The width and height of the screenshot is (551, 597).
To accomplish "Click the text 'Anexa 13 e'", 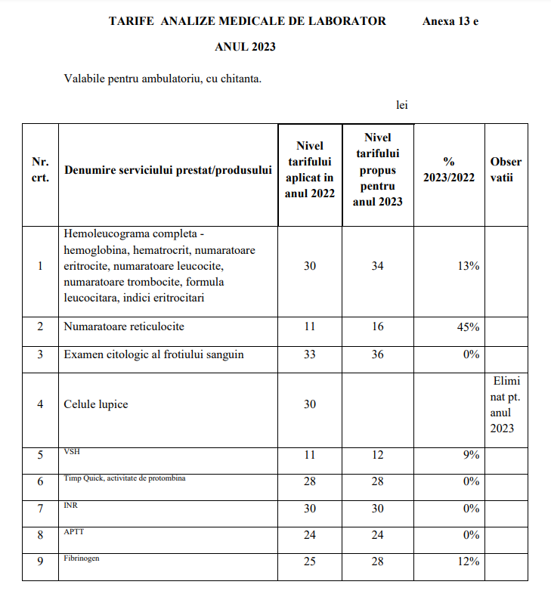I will pyautogui.click(x=450, y=21).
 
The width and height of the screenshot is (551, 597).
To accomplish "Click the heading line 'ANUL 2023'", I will pyautogui.click(x=245, y=47).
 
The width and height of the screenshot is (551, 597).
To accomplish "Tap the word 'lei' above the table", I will pyautogui.click(x=402, y=105).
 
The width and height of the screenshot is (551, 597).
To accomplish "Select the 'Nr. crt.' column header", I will pyautogui.click(x=40, y=170).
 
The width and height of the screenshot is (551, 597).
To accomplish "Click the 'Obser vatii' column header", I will pyautogui.click(x=506, y=170).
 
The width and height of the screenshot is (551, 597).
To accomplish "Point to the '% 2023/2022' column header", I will pyautogui.click(x=448, y=170).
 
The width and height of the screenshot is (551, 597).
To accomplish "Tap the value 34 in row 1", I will pyautogui.click(x=378, y=266).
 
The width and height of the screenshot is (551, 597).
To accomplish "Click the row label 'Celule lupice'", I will pyautogui.click(x=96, y=404).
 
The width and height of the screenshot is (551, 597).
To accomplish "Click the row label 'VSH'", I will pyautogui.click(x=71, y=452).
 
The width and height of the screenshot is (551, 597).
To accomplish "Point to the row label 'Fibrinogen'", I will pyautogui.click(x=82, y=558).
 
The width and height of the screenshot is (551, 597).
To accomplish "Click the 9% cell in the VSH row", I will pyautogui.click(x=471, y=455).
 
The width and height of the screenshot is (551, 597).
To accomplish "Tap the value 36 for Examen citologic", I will pyautogui.click(x=378, y=354).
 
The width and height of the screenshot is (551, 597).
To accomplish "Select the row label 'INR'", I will pyautogui.click(x=71, y=505).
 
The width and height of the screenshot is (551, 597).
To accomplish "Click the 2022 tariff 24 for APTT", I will pyautogui.click(x=310, y=535).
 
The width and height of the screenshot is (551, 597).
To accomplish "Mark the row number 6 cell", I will pyautogui.click(x=40, y=481).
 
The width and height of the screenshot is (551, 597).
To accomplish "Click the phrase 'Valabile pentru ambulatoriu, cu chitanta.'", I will pyautogui.click(x=163, y=78).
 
